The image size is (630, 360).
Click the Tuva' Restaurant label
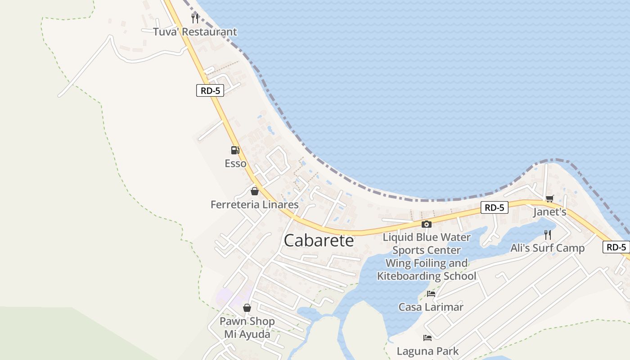click(x=194, y=32)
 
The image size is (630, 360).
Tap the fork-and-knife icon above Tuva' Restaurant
click(x=195, y=18)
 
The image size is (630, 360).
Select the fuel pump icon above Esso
click(x=235, y=150)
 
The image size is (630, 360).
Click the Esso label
click(x=235, y=163)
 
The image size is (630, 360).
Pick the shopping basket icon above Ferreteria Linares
click(x=255, y=191)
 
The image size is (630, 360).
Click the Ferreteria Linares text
click(x=254, y=205)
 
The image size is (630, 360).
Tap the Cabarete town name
click(x=319, y=241)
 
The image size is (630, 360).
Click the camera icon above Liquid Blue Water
click(x=426, y=224)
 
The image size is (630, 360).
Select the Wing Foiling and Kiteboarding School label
click(x=426, y=270)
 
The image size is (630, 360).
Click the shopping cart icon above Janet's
click(x=549, y=198)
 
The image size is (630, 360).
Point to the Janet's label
click(x=549, y=212)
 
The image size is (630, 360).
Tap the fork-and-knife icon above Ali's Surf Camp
click(x=548, y=234)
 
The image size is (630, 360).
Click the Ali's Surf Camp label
click(x=547, y=248)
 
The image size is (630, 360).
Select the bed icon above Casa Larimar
click(x=431, y=294)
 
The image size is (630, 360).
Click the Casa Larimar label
click(x=431, y=307)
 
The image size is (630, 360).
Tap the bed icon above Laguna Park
click(x=427, y=337)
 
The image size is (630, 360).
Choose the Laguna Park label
click(x=427, y=351)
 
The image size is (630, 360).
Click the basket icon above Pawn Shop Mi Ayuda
click(x=247, y=308)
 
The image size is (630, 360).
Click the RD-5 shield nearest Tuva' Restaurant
click(x=210, y=90)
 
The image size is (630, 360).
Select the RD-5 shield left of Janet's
click(x=494, y=207)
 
